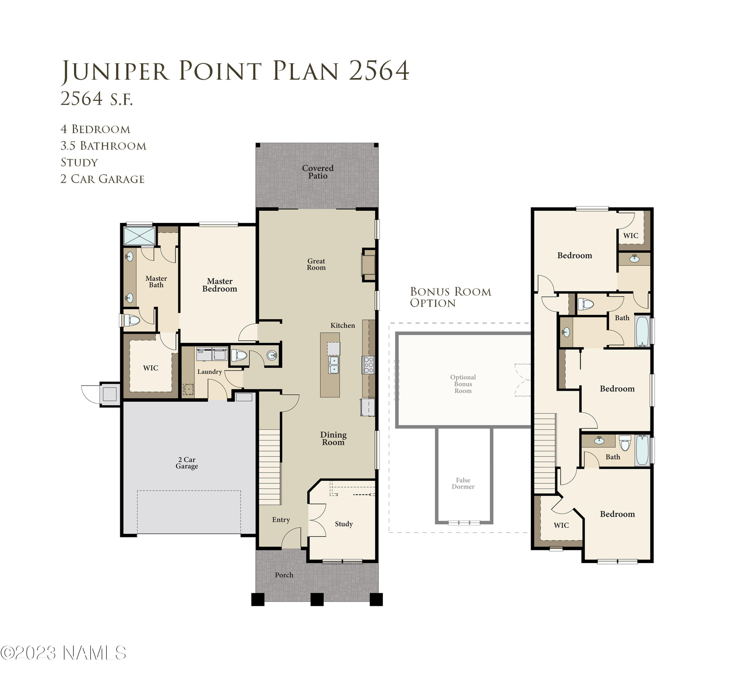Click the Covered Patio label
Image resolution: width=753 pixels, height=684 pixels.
coord(318,172)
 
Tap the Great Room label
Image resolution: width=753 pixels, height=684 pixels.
coord(316,264)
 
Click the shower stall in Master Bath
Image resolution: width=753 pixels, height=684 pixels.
coord(139,235)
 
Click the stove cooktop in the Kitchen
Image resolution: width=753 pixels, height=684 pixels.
coord(368,365)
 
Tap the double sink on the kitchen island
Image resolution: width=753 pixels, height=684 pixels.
coord(334,365)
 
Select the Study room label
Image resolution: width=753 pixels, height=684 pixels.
coord(344,524)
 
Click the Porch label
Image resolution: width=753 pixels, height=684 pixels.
coord(284,575)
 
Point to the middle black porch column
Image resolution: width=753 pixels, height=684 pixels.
coord(317,599)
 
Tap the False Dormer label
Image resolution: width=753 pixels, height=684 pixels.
coord(463,483)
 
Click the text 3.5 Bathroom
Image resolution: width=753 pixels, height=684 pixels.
coord(103,146)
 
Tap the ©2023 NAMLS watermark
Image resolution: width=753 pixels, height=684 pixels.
coord(64,653)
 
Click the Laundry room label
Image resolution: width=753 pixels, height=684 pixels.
coord(210,372)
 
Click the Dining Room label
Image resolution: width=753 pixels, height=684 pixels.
coord(333,438)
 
